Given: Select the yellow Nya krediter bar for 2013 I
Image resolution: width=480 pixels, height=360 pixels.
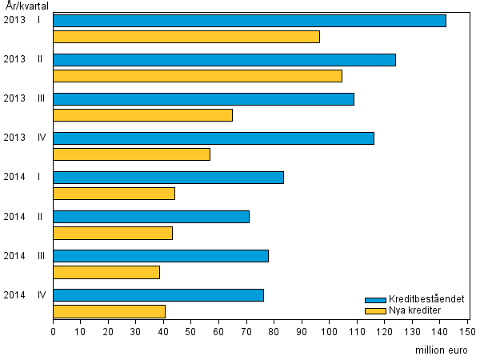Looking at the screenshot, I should coord(186,37).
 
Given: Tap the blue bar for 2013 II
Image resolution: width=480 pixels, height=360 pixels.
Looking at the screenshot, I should coord(224,60).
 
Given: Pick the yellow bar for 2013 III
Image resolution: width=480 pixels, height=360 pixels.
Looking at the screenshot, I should coord(142,115).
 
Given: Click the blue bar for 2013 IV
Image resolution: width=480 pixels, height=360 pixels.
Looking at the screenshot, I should coord(214,138).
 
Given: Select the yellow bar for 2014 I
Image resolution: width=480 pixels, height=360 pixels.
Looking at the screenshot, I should coord(114,194).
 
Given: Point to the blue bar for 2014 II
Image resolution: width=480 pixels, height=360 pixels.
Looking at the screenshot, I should coord(151,217).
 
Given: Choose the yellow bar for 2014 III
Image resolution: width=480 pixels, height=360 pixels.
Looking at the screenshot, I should coord(106,272).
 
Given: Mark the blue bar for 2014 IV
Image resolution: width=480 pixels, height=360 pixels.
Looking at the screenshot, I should coord(158,295).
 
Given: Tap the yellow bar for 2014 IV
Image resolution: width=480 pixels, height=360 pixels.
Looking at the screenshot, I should coord(109,311).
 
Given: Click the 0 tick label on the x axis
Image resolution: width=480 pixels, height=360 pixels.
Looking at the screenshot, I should coord(53,329).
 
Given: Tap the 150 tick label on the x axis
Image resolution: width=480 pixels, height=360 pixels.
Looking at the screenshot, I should coord(467,329).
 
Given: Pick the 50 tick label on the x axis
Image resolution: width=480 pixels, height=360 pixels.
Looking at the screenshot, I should coord(191,329).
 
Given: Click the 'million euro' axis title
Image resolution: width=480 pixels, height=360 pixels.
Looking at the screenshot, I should coord(442,350).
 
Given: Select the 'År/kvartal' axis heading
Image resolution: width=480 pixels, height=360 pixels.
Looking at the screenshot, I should coord(26,6).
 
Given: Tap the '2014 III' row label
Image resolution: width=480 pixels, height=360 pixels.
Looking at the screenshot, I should coord(23,256).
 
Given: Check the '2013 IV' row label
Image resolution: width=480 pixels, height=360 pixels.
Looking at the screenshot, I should coord(24,138).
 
